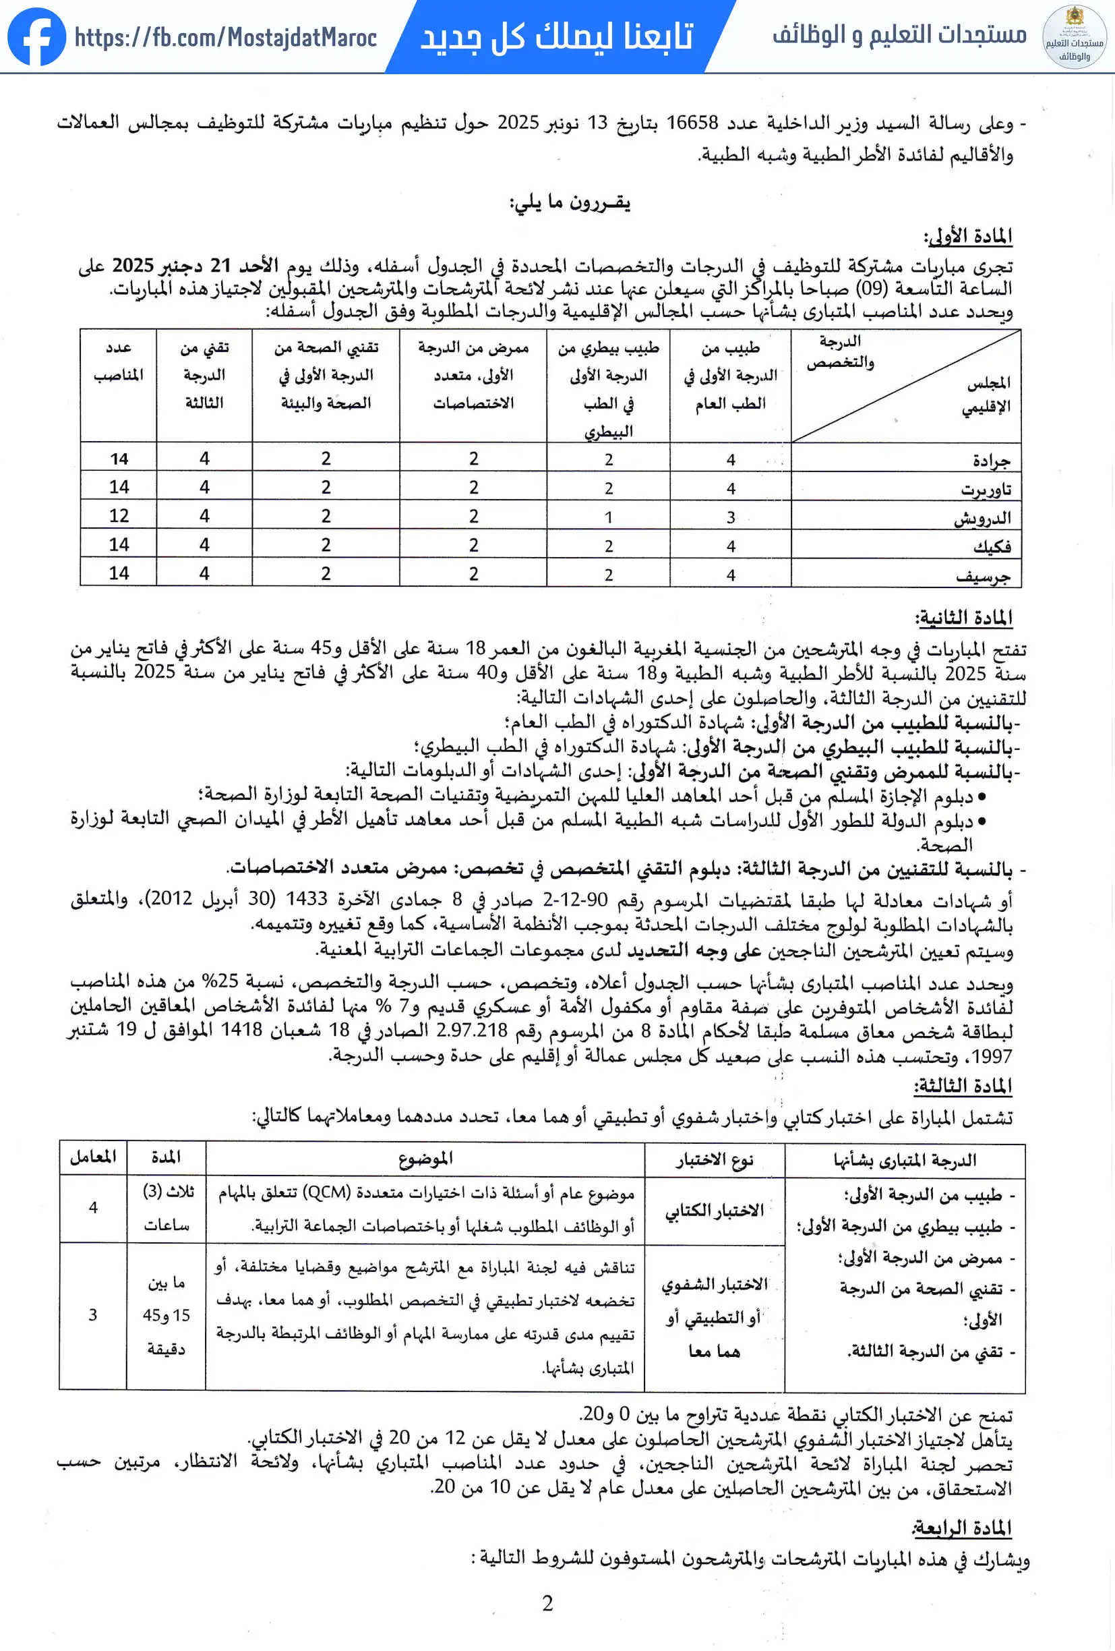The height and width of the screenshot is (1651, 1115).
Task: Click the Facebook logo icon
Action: click(x=36, y=37)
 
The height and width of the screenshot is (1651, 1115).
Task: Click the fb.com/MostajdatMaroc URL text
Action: click(x=225, y=38)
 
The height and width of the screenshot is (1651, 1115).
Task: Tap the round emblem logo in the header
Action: click(x=1073, y=37)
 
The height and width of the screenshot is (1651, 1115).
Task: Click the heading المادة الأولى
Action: click(x=967, y=236)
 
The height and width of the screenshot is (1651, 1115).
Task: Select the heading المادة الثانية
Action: click(x=964, y=618)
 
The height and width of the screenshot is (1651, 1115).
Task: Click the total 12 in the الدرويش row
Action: click(x=119, y=516)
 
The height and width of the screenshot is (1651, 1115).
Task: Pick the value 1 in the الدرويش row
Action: click(x=608, y=518)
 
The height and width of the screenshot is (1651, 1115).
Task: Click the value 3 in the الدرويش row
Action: click(x=730, y=518)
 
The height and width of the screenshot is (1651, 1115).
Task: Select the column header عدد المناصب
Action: click(x=119, y=361)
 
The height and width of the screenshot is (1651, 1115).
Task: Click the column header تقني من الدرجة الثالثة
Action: click(x=204, y=375)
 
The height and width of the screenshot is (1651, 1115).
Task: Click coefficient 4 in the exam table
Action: click(x=93, y=1207)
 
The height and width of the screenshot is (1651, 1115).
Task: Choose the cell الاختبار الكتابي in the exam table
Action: click(x=714, y=1210)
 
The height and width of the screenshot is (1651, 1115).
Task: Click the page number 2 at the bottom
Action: click(x=547, y=1603)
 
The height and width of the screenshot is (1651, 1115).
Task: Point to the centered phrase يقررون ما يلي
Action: click(x=570, y=203)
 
